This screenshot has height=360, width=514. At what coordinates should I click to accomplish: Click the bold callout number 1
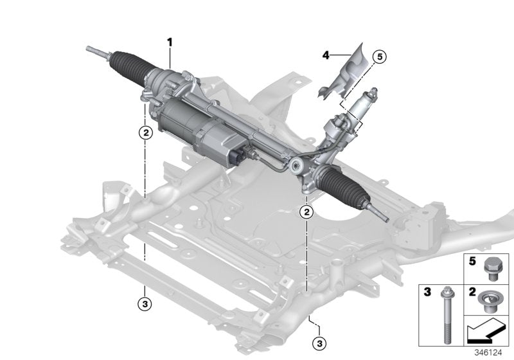[170, 42]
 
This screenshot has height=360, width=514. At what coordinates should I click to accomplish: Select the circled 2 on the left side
[146, 133]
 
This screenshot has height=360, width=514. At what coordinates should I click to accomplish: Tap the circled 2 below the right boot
[307, 212]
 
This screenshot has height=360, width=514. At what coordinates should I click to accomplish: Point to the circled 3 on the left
[146, 302]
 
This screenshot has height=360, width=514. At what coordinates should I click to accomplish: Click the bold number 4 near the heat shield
[325, 57]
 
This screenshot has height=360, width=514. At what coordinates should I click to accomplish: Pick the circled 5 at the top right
[378, 57]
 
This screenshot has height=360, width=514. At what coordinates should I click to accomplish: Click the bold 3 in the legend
[425, 292]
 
